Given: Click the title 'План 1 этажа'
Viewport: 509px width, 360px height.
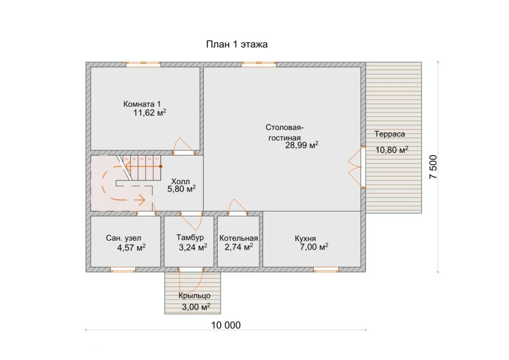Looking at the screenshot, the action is (237, 44).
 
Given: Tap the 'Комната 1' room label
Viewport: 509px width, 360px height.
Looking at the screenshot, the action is (142, 104).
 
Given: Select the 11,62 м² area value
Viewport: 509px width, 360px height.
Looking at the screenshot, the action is (150, 113).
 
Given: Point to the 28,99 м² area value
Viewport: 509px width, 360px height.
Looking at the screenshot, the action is (302, 145).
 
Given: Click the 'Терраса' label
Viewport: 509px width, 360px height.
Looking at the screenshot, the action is (390, 134).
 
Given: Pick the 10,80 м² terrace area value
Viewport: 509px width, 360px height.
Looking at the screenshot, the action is (392, 150).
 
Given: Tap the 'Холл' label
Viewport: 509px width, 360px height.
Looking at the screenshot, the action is (180, 181).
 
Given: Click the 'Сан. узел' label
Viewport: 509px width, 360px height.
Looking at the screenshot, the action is (123, 238).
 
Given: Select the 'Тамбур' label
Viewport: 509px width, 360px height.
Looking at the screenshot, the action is (190, 238).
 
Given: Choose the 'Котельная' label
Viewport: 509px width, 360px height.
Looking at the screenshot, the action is (239, 238).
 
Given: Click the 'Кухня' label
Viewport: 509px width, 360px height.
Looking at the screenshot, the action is (305, 239).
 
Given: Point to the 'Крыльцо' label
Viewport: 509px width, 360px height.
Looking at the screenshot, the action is (194, 296).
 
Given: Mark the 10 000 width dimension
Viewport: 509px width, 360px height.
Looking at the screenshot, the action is (226, 325).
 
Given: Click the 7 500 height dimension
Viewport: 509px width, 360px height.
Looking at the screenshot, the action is (433, 167).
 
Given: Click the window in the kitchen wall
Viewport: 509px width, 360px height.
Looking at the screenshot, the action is (326, 270).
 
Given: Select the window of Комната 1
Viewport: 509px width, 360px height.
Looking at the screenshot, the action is (143, 64).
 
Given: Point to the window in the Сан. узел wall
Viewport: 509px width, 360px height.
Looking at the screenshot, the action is (123, 270).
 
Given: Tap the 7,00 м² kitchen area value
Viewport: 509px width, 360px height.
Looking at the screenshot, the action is (314, 247).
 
